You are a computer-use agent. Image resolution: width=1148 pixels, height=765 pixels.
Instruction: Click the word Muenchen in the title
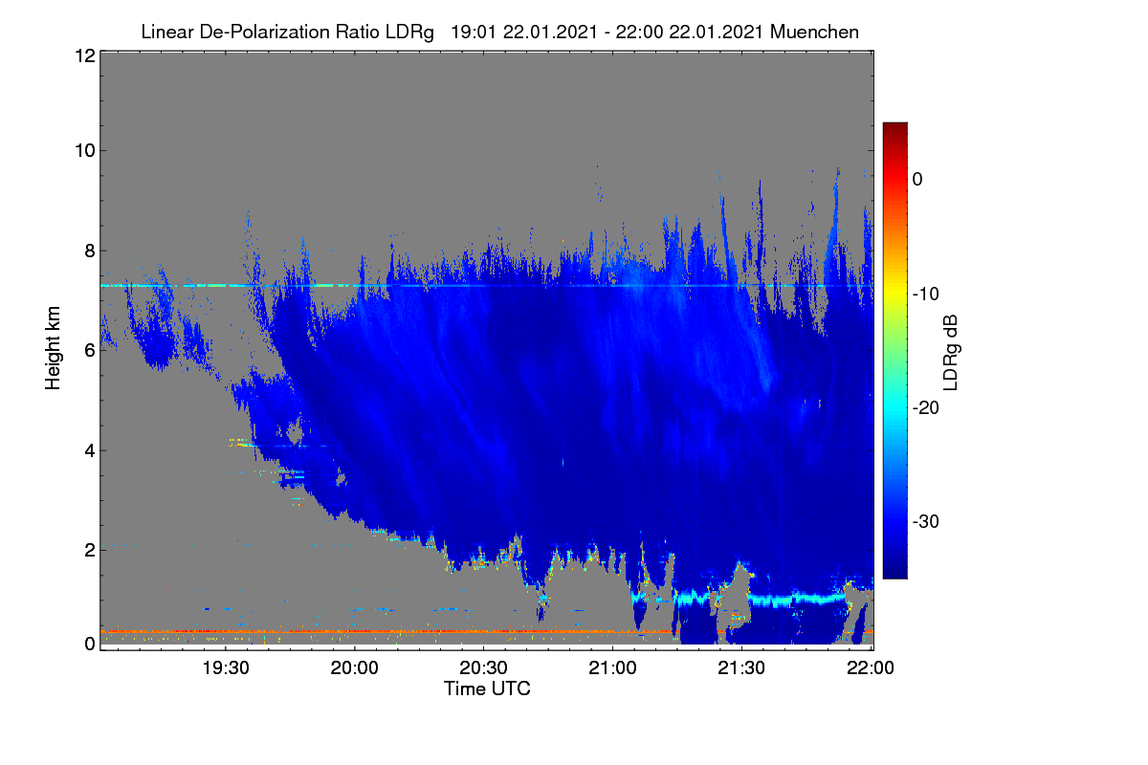coord(814,33)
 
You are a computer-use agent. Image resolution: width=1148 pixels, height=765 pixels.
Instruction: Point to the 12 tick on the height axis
coord(85,55)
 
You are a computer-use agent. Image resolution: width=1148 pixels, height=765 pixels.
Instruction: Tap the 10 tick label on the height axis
coord(85,151)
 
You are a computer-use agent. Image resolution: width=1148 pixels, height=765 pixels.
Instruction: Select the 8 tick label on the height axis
coord(90,251)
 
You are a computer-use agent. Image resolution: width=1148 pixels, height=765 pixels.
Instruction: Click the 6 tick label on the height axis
coord(90,351)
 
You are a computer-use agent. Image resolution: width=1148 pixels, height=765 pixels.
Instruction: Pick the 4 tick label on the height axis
coord(90,451)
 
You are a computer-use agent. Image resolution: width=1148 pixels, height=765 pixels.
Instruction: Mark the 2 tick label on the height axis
coord(90,550)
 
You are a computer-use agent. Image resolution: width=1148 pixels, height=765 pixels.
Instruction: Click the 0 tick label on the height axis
coord(90,644)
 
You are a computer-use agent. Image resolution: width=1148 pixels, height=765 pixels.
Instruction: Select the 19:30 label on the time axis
coord(226,667)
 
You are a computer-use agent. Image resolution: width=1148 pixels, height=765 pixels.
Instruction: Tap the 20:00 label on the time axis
coord(355,667)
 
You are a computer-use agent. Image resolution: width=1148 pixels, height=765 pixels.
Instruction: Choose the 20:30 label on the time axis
coord(483,667)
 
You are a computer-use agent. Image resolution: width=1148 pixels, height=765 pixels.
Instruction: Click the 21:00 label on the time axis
coord(612,667)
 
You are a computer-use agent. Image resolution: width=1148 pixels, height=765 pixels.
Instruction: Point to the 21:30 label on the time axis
coord(741,667)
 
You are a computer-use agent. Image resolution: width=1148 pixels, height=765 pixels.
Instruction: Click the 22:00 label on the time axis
coord(871,667)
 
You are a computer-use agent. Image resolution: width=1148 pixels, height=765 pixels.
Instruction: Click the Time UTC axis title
coord(487,688)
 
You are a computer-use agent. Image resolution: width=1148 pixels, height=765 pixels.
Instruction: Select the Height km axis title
coord(53,348)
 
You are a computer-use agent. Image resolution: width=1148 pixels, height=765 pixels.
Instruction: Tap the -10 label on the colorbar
coord(926,295)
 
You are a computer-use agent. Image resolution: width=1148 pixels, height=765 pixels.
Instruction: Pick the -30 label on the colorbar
coord(926,521)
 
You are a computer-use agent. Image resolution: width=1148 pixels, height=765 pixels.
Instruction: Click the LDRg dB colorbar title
coord(951,353)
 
